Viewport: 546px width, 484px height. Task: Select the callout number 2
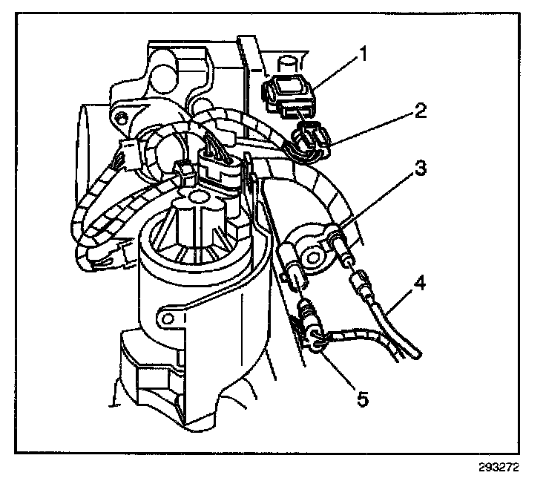pyautogui.click(x=420, y=112)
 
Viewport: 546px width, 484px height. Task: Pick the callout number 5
pyautogui.click(x=361, y=399)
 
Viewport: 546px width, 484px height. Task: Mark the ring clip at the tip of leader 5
pyautogui.click(x=317, y=342)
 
